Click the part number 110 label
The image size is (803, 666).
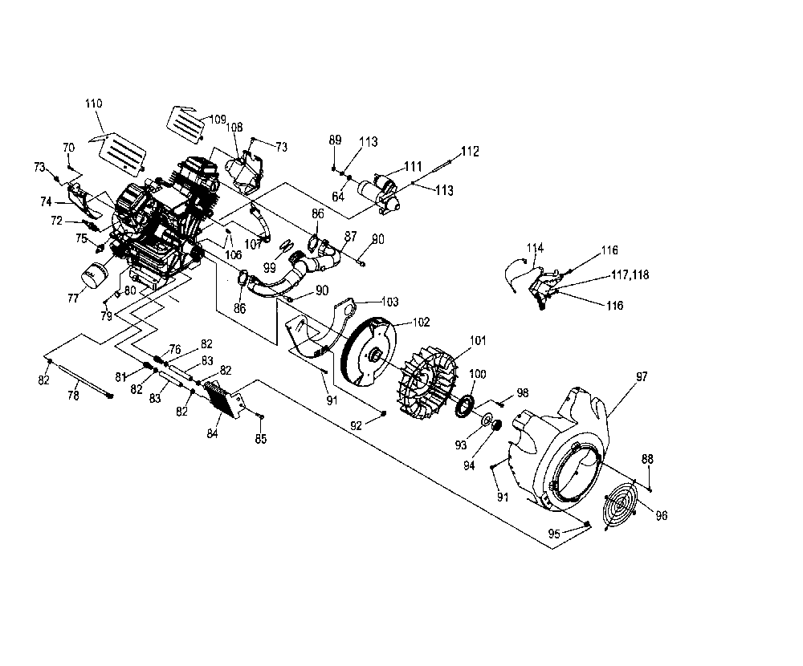pos(94,104)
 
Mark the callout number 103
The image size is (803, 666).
pos(389,302)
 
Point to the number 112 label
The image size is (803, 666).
pos(470,151)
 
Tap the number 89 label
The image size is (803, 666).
pos(335,140)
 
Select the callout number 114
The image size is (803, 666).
pos(536,247)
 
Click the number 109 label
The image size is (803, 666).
pos(218,120)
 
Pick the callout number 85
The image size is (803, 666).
pos(260,439)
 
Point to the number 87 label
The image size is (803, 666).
pos(351,236)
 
